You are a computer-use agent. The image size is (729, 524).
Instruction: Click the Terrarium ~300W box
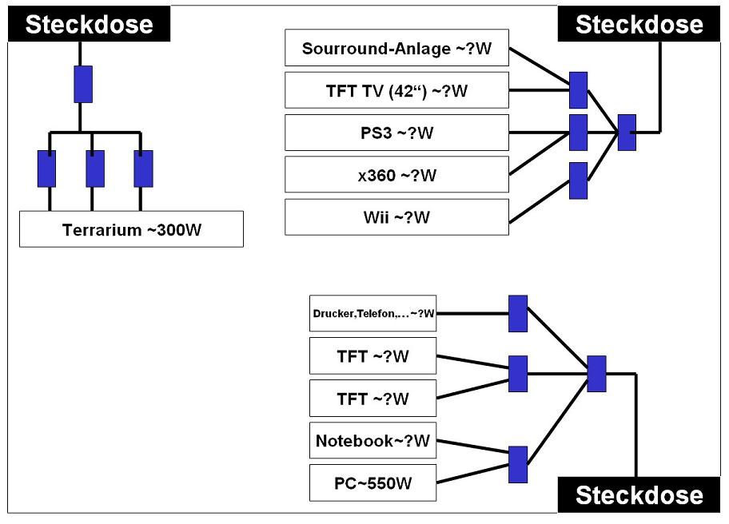click(x=131, y=229)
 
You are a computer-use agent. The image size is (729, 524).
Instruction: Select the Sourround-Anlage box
click(x=396, y=48)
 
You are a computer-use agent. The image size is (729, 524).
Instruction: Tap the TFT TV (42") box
click(x=396, y=90)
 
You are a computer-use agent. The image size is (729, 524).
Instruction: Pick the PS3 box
click(x=396, y=133)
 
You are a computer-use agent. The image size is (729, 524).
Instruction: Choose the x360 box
click(x=396, y=175)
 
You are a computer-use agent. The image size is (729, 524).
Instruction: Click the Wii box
click(x=396, y=217)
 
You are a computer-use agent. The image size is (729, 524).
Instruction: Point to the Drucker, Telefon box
click(x=372, y=314)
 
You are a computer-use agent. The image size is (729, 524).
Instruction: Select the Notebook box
click(x=372, y=440)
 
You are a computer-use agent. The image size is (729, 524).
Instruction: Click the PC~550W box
click(x=372, y=482)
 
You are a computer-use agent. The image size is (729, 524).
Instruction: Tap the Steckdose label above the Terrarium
click(x=89, y=24)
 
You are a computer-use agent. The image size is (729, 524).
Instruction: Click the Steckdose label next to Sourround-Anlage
click(x=639, y=24)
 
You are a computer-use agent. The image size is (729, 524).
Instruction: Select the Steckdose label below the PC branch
click(x=639, y=494)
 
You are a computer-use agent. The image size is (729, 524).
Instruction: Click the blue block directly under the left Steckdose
click(x=83, y=84)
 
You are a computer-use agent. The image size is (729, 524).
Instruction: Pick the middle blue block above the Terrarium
click(x=95, y=169)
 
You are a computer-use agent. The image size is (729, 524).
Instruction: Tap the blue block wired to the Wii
click(x=579, y=181)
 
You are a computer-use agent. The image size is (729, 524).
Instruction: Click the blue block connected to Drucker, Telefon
click(x=518, y=314)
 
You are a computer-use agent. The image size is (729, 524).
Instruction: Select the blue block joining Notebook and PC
click(x=518, y=465)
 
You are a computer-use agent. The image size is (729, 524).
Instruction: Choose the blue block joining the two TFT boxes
click(x=518, y=374)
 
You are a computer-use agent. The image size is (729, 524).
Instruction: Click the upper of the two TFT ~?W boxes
click(x=372, y=355)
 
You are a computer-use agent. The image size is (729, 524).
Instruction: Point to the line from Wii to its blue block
click(x=540, y=201)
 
